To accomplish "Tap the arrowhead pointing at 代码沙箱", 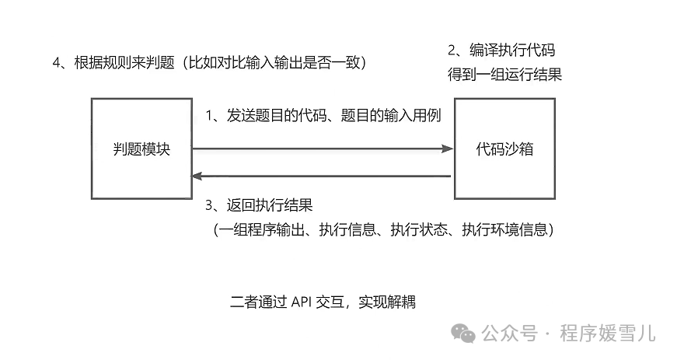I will pos(447,149).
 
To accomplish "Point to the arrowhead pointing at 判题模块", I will pos(197,177).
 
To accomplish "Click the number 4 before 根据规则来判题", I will pos(57,63).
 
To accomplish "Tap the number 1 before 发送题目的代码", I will pos(209,116).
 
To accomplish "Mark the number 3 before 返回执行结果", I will pos(209,206).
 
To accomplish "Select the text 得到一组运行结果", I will pos(504,75).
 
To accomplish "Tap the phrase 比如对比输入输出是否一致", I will pos(276,63).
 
